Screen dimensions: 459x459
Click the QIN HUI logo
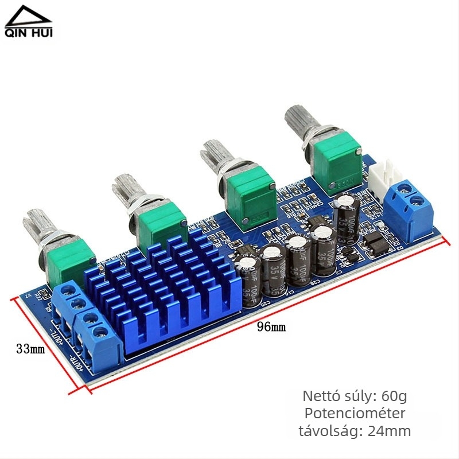tap(29, 23)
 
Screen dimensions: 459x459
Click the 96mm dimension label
tap(271, 328)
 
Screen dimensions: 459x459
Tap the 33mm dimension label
tap(30, 349)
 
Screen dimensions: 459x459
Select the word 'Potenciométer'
tap(355, 413)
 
